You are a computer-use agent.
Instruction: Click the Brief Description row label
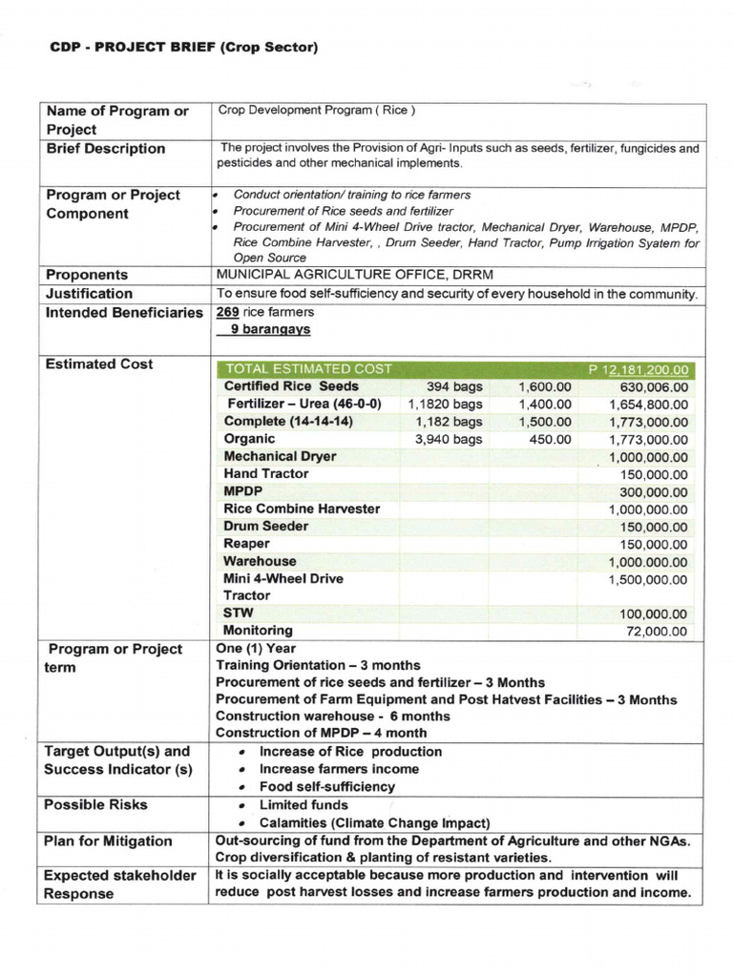click(105, 149)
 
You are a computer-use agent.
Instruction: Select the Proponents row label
click(87, 275)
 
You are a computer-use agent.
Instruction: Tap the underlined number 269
click(227, 312)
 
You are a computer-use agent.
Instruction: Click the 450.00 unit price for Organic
click(550, 439)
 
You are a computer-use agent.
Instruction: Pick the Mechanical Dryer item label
click(280, 456)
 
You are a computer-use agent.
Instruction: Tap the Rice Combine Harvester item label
click(302, 509)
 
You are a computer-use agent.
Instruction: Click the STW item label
click(239, 613)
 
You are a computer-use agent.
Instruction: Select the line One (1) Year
click(257, 649)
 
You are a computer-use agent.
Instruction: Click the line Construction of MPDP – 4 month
click(322, 733)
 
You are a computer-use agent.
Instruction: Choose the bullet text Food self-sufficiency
click(326, 787)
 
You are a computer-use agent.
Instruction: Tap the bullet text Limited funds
click(304, 805)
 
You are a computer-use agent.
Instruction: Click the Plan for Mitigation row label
click(108, 842)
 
